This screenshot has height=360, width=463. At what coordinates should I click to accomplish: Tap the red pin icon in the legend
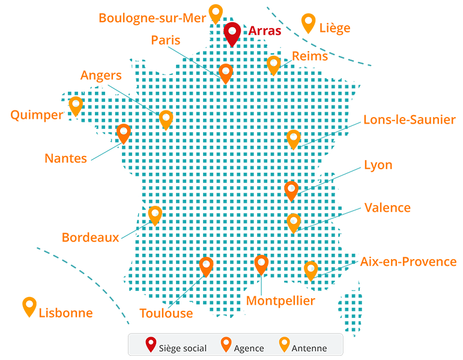151,345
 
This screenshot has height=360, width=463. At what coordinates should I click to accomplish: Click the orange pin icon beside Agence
226,345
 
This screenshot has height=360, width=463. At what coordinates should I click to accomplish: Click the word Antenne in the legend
309,348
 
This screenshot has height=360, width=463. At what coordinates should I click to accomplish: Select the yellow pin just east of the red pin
274,64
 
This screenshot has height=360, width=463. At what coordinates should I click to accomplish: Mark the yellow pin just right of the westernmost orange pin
166,119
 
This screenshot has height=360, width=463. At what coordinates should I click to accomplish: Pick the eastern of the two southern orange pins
261,263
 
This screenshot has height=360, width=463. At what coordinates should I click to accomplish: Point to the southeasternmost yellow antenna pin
310,269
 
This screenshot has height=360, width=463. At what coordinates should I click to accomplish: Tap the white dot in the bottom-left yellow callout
29,304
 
